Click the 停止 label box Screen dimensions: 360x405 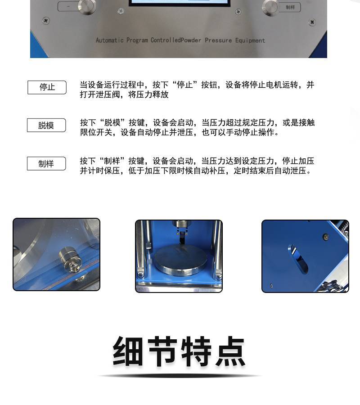(x=47, y=87)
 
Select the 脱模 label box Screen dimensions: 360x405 (x=46, y=125)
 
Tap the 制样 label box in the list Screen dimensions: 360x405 (x=46, y=163)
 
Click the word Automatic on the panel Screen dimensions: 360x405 (x=109, y=40)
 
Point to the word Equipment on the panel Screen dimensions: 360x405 (x=250, y=40)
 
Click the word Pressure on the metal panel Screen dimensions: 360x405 (x=218, y=40)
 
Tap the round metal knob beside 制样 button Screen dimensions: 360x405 (x=270, y=7)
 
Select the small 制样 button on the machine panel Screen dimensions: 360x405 (x=290, y=7)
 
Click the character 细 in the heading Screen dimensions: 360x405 (x=128, y=351)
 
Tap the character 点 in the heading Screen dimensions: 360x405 (x=230, y=351)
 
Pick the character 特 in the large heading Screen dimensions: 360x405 (x=196, y=351)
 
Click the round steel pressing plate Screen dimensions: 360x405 (x=181, y=260)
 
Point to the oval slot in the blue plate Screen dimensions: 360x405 (x=298, y=259)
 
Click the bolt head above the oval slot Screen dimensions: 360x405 (x=326, y=236)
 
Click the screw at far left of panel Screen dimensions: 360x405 (x=46, y=21)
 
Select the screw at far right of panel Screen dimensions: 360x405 (x=312, y=22)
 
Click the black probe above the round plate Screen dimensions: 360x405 (x=183, y=238)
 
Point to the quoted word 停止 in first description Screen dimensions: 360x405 (x=185, y=85)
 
